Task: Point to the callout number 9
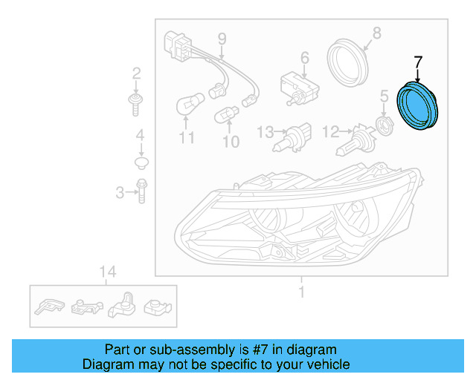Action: (x=221, y=38)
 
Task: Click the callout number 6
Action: (x=304, y=57)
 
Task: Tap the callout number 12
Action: (x=330, y=131)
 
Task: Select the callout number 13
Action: (x=265, y=132)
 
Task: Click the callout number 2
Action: (x=136, y=73)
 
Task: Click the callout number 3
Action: (x=120, y=193)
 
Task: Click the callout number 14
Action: (x=108, y=272)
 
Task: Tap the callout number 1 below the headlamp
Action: (x=301, y=292)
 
